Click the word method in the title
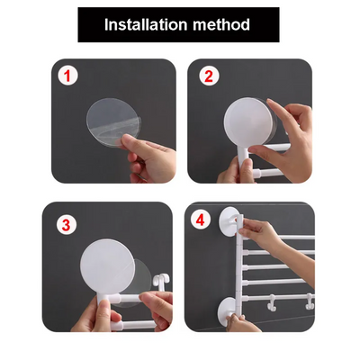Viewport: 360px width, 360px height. (x=221, y=24)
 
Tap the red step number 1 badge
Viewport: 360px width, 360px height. (x=67, y=76)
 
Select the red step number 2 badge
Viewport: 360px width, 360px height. (x=209, y=76)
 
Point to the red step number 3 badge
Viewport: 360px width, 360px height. (x=67, y=225)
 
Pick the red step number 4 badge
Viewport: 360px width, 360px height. (x=201, y=220)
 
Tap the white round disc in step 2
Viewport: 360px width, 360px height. (x=247, y=121)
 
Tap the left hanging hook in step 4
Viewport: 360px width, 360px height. (x=272, y=302)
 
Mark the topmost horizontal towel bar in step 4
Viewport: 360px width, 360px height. (x=297, y=238)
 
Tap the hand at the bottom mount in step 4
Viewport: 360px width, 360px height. (x=240, y=322)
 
